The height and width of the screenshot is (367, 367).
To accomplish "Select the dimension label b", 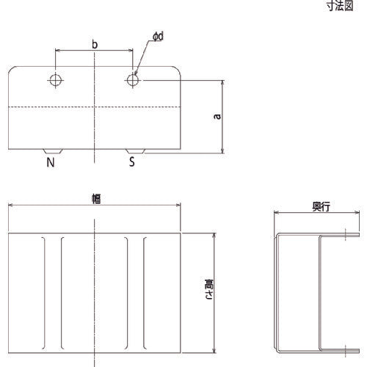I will (x=94, y=44).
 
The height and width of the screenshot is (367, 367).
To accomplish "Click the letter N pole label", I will (x=51, y=161).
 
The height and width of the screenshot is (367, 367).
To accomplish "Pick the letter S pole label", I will (x=131, y=161).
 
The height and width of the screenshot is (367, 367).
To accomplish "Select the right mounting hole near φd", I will (x=132, y=79).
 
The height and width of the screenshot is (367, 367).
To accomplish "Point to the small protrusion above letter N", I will (x=51, y=150).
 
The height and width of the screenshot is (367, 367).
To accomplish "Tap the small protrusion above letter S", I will (x=137, y=150).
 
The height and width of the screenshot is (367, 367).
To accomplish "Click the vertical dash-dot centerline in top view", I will (x=94, y=125).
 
